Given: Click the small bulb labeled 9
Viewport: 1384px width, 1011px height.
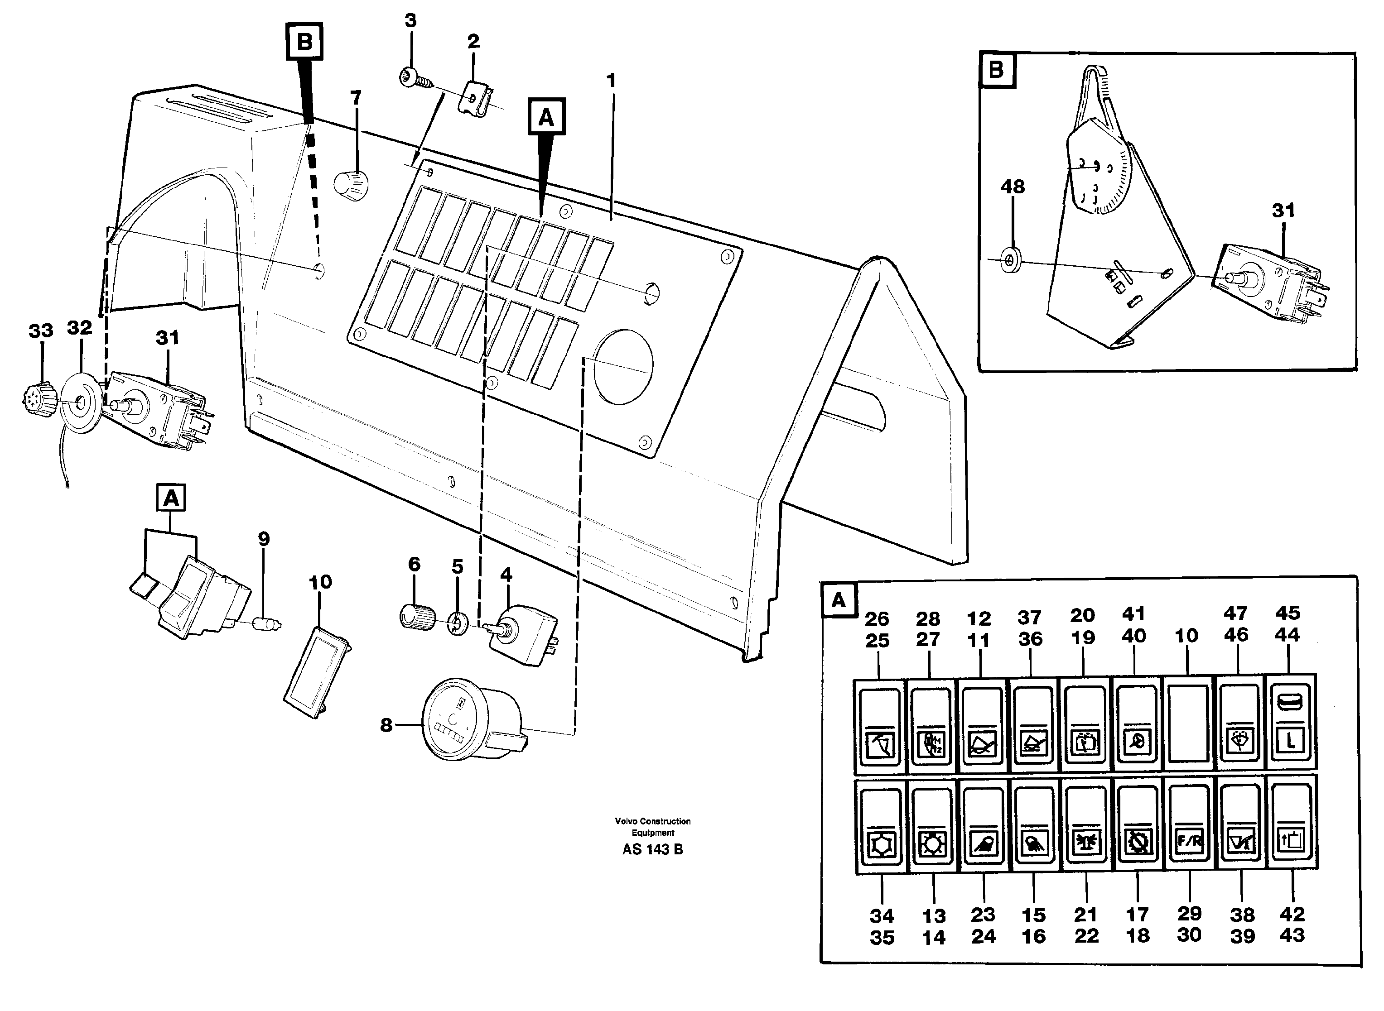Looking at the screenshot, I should pos(267,625).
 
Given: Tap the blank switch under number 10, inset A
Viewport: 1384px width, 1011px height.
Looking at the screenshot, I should pos(1188,724).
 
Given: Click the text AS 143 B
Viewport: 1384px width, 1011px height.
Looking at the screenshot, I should pos(652,849).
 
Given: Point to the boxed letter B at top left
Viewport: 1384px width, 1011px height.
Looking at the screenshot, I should pos(304,42).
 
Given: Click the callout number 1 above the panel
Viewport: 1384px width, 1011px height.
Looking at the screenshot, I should pos(611,80).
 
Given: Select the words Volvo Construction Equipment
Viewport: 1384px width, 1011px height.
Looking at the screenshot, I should pos(653,827).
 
